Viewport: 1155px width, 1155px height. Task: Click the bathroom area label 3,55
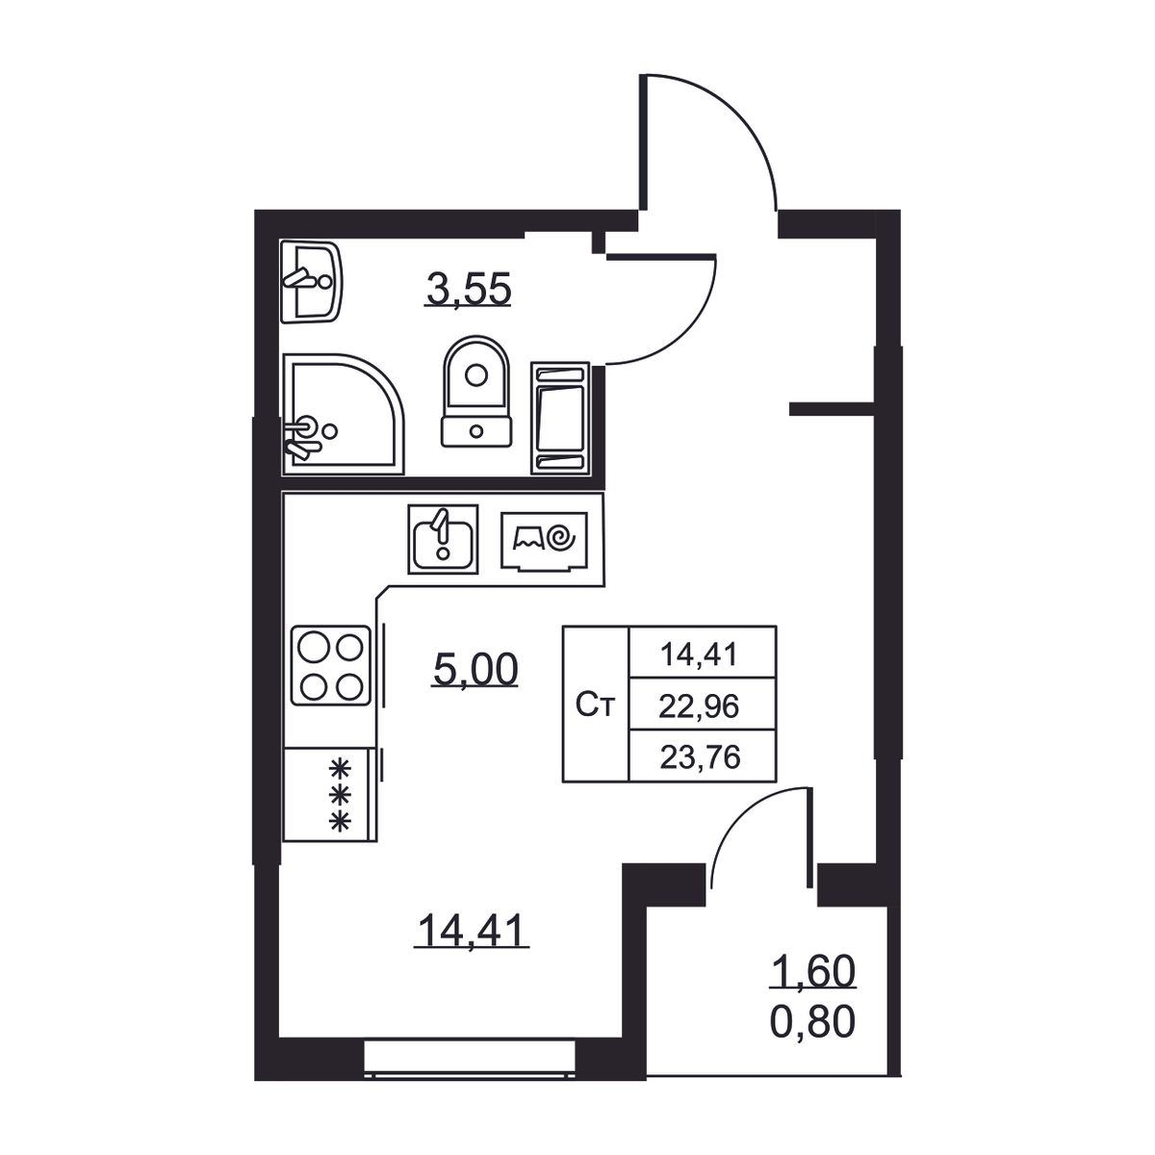click(x=468, y=290)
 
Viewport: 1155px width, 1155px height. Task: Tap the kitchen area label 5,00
click(x=475, y=670)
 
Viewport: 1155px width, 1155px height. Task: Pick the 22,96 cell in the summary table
click(x=699, y=707)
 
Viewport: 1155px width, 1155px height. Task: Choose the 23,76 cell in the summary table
click(x=700, y=757)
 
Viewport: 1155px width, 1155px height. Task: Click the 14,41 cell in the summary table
click(x=699, y=654)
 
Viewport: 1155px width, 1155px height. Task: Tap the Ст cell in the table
click(x=595, y=705)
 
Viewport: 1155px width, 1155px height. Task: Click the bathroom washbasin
click(x=311, y=283)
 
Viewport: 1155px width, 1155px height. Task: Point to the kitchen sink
click(x=443, y=539)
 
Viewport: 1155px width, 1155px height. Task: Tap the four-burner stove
click(x=331, y=665)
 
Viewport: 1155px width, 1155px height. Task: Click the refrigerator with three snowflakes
click(x=330, y=794)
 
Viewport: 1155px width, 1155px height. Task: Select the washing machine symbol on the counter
click(x=544, y=541)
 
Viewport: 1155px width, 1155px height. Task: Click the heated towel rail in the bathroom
click(x=560, y=418)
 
